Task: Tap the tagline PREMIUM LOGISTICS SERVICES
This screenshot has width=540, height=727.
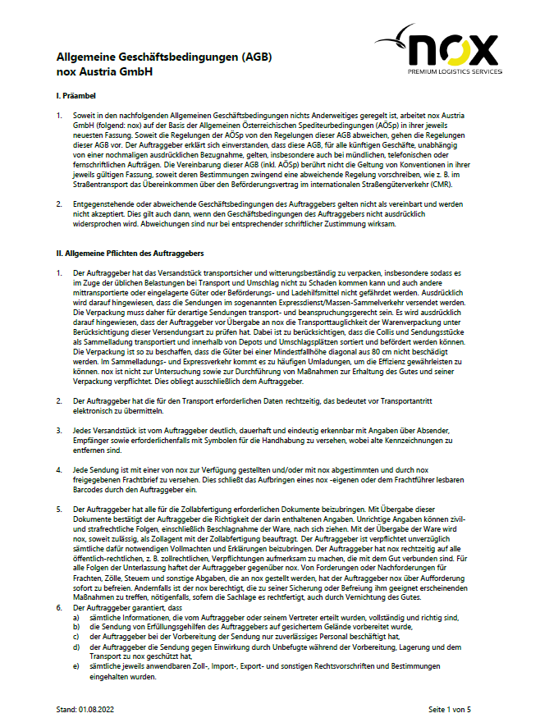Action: pyautogui.click(x=454, y=71)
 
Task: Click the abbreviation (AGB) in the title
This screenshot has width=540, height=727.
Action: pyautogui.click(x=254, y=57)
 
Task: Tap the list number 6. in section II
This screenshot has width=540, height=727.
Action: pyautogui.click(x=58, y=607)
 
